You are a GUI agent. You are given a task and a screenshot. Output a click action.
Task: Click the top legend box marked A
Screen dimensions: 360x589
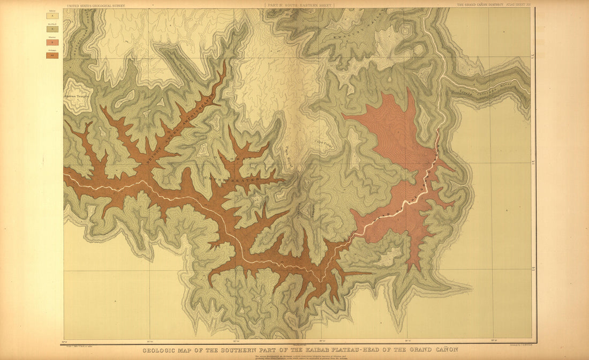click(x=52, y=16)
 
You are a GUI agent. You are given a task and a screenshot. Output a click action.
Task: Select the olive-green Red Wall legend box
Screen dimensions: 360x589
click(x=52, y=29)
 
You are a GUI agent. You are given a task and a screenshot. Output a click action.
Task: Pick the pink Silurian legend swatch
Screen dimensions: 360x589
click(x=52, y=42)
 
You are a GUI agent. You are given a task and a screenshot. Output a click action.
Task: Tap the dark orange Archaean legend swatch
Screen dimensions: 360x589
click(x=52, y=55)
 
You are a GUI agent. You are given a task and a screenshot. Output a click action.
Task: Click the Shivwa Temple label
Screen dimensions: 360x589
click(x=77, y=96)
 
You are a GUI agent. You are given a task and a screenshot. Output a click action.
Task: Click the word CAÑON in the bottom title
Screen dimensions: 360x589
click(x=444, y=349)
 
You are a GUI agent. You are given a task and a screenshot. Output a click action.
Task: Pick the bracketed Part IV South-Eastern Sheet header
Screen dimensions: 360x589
click(x=299, y=5)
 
